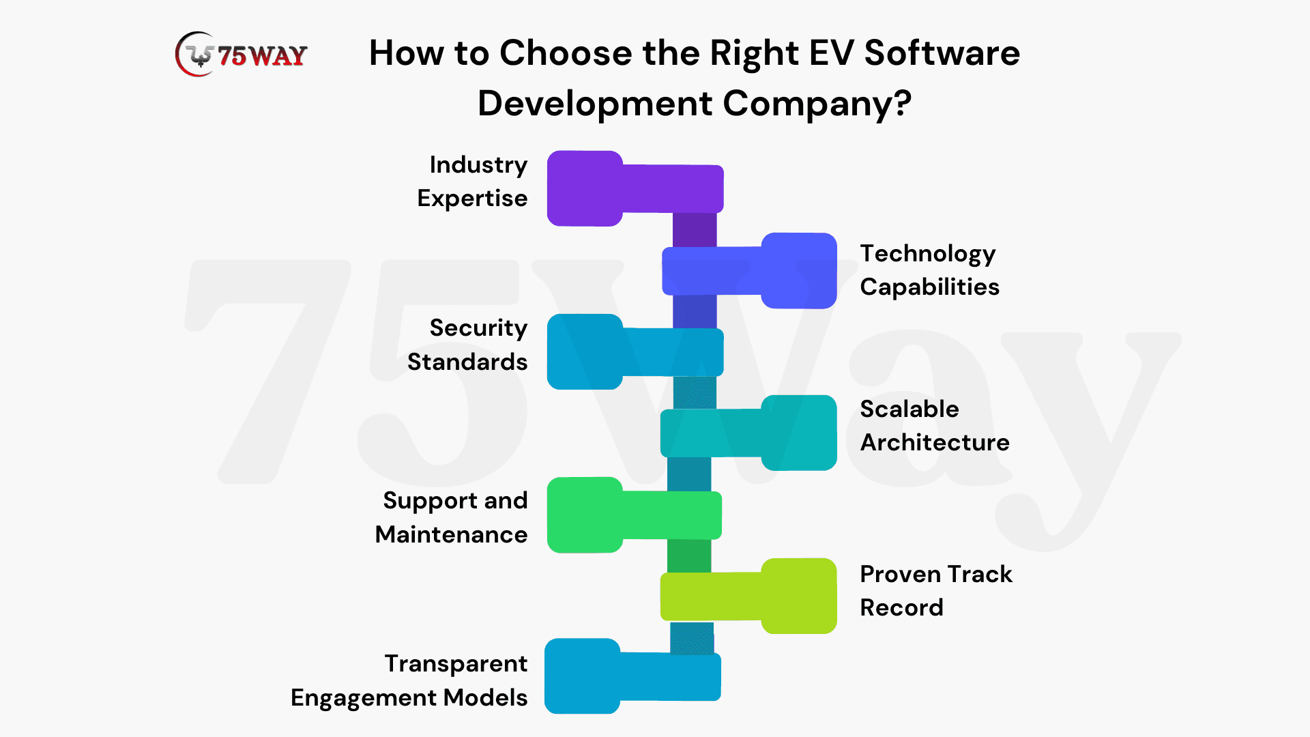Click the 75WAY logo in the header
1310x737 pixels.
(x=241, y=54)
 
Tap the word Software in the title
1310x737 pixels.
(x=942, y=53)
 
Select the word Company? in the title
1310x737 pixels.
(x=817, y=104)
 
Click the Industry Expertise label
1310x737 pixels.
(x=472, y=181)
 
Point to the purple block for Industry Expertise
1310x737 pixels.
(x=635, y=188)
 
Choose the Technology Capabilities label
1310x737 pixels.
(x=929, y=270)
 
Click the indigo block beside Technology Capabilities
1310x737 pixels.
(x=749, y=271)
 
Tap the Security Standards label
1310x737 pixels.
(x=467, y=345)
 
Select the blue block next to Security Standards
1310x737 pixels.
(x=635, y=351)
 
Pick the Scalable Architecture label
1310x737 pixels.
(x=935, y=425)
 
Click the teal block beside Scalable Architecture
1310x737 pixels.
(x=748, y=433)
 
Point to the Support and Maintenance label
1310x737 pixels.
(x=452, y=517)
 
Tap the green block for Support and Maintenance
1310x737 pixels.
(x=634, y=515)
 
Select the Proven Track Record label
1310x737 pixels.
(x=936, y=590)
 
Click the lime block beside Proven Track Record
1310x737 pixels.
(x=748, y=596)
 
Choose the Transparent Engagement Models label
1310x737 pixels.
(x=409, y=680)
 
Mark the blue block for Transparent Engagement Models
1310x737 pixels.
(x=632, y=676)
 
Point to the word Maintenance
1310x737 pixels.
(x=452, y=534)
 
